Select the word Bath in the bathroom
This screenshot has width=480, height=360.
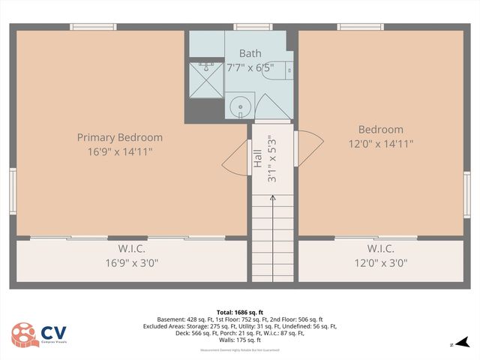coord(250,53)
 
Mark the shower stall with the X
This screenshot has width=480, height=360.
coord(205,80)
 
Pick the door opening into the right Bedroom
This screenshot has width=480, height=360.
coord(308,148)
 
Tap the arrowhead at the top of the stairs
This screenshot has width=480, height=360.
coord(272,198)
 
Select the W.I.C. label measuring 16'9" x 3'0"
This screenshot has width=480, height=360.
coord(131,248)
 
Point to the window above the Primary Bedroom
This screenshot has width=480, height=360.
coord(93,27)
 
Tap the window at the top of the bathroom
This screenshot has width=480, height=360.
coord(244,27)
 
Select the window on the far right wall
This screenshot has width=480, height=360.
coord(466,194)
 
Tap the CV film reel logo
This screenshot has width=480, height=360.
coord(22,335)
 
